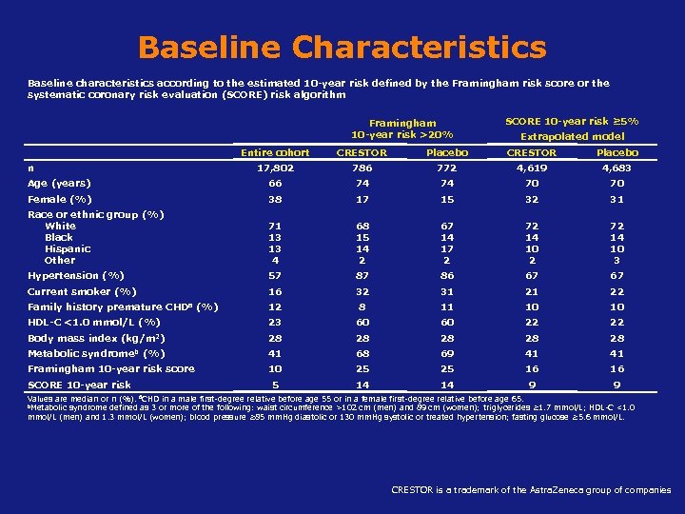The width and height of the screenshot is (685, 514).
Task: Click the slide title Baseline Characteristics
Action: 342,47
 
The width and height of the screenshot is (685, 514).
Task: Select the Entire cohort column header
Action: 275,152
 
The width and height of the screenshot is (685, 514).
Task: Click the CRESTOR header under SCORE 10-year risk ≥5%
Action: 531,152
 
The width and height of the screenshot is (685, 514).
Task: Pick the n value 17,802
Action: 275,168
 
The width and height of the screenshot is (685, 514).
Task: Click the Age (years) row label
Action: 59,183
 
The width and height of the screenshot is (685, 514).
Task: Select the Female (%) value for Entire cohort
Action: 275,199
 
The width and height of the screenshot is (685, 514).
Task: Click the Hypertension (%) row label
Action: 76,275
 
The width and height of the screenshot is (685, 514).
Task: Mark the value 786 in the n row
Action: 362,168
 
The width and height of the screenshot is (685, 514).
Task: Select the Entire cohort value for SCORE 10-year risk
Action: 275,385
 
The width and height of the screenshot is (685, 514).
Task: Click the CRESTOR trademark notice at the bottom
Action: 531,490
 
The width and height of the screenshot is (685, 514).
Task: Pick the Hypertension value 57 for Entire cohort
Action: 275,275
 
